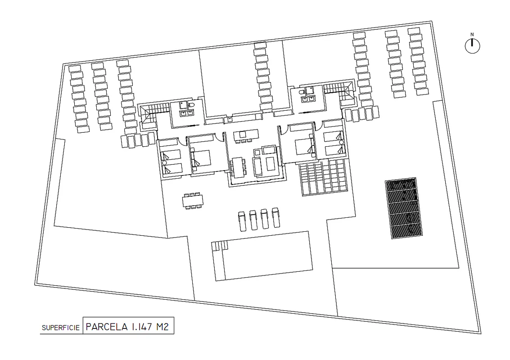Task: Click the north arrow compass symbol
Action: (x=472, y=46)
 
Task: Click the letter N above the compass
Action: (x=472, y=34)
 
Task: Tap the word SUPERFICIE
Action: (x=61, y=328)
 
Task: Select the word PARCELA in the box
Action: (x=107, y=327)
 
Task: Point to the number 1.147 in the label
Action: (x=142, y=327)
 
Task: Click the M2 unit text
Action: (x=162, y=327)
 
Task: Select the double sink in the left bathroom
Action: (x=186, y=113)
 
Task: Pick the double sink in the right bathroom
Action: (x=308, y=99)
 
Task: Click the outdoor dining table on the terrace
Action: (x=193, y=201)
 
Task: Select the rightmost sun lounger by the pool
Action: (x=276, y=217)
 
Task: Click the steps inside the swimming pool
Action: (x=220, y=246)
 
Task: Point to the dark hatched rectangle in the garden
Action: (x=404, y=208)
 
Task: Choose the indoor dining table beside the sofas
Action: (x=239, y=167)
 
